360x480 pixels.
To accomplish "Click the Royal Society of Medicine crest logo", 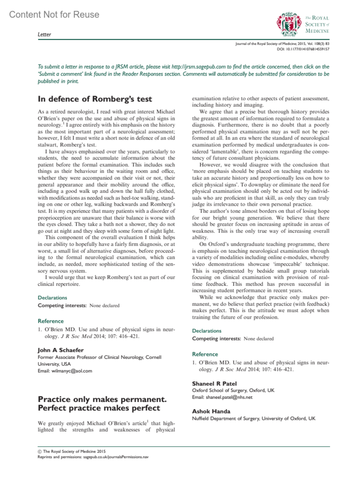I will pyautogui.click(x=288, y=24).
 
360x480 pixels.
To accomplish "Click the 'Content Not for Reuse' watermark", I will pyautogui.click(x=54, y=14).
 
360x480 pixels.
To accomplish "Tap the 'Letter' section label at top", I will pyautogui.click(x=44, y=34).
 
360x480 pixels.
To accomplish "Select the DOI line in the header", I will pyautogui.click(x=303, y=49).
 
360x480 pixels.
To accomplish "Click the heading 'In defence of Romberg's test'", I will pyautogui.click(x=95, y=99).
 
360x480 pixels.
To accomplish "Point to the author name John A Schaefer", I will pyautogui.click(x=61, y=350).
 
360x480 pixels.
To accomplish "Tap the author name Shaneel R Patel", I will pyautogui.click(x=214, y=384).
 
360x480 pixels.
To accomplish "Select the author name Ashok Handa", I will pyautogui.click(x=211, y=411).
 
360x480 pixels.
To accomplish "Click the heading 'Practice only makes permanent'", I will pyautogui.click(x=102, y=399).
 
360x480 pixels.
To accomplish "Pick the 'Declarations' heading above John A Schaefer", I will pyautogui.click(x=52, y=298).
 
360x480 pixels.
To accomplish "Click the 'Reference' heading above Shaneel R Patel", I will pyautogui.click(x=205, y=354).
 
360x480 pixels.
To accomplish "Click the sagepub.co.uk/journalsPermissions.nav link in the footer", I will pyautogui.click(x=116, y=457).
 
